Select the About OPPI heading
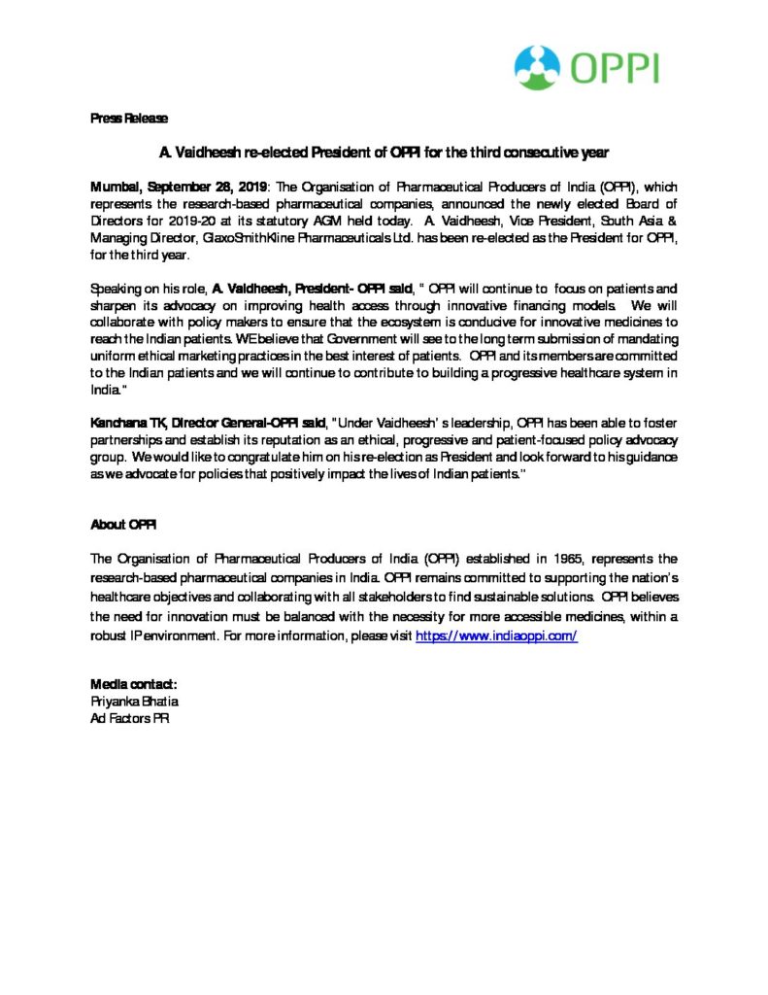point(123,524)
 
